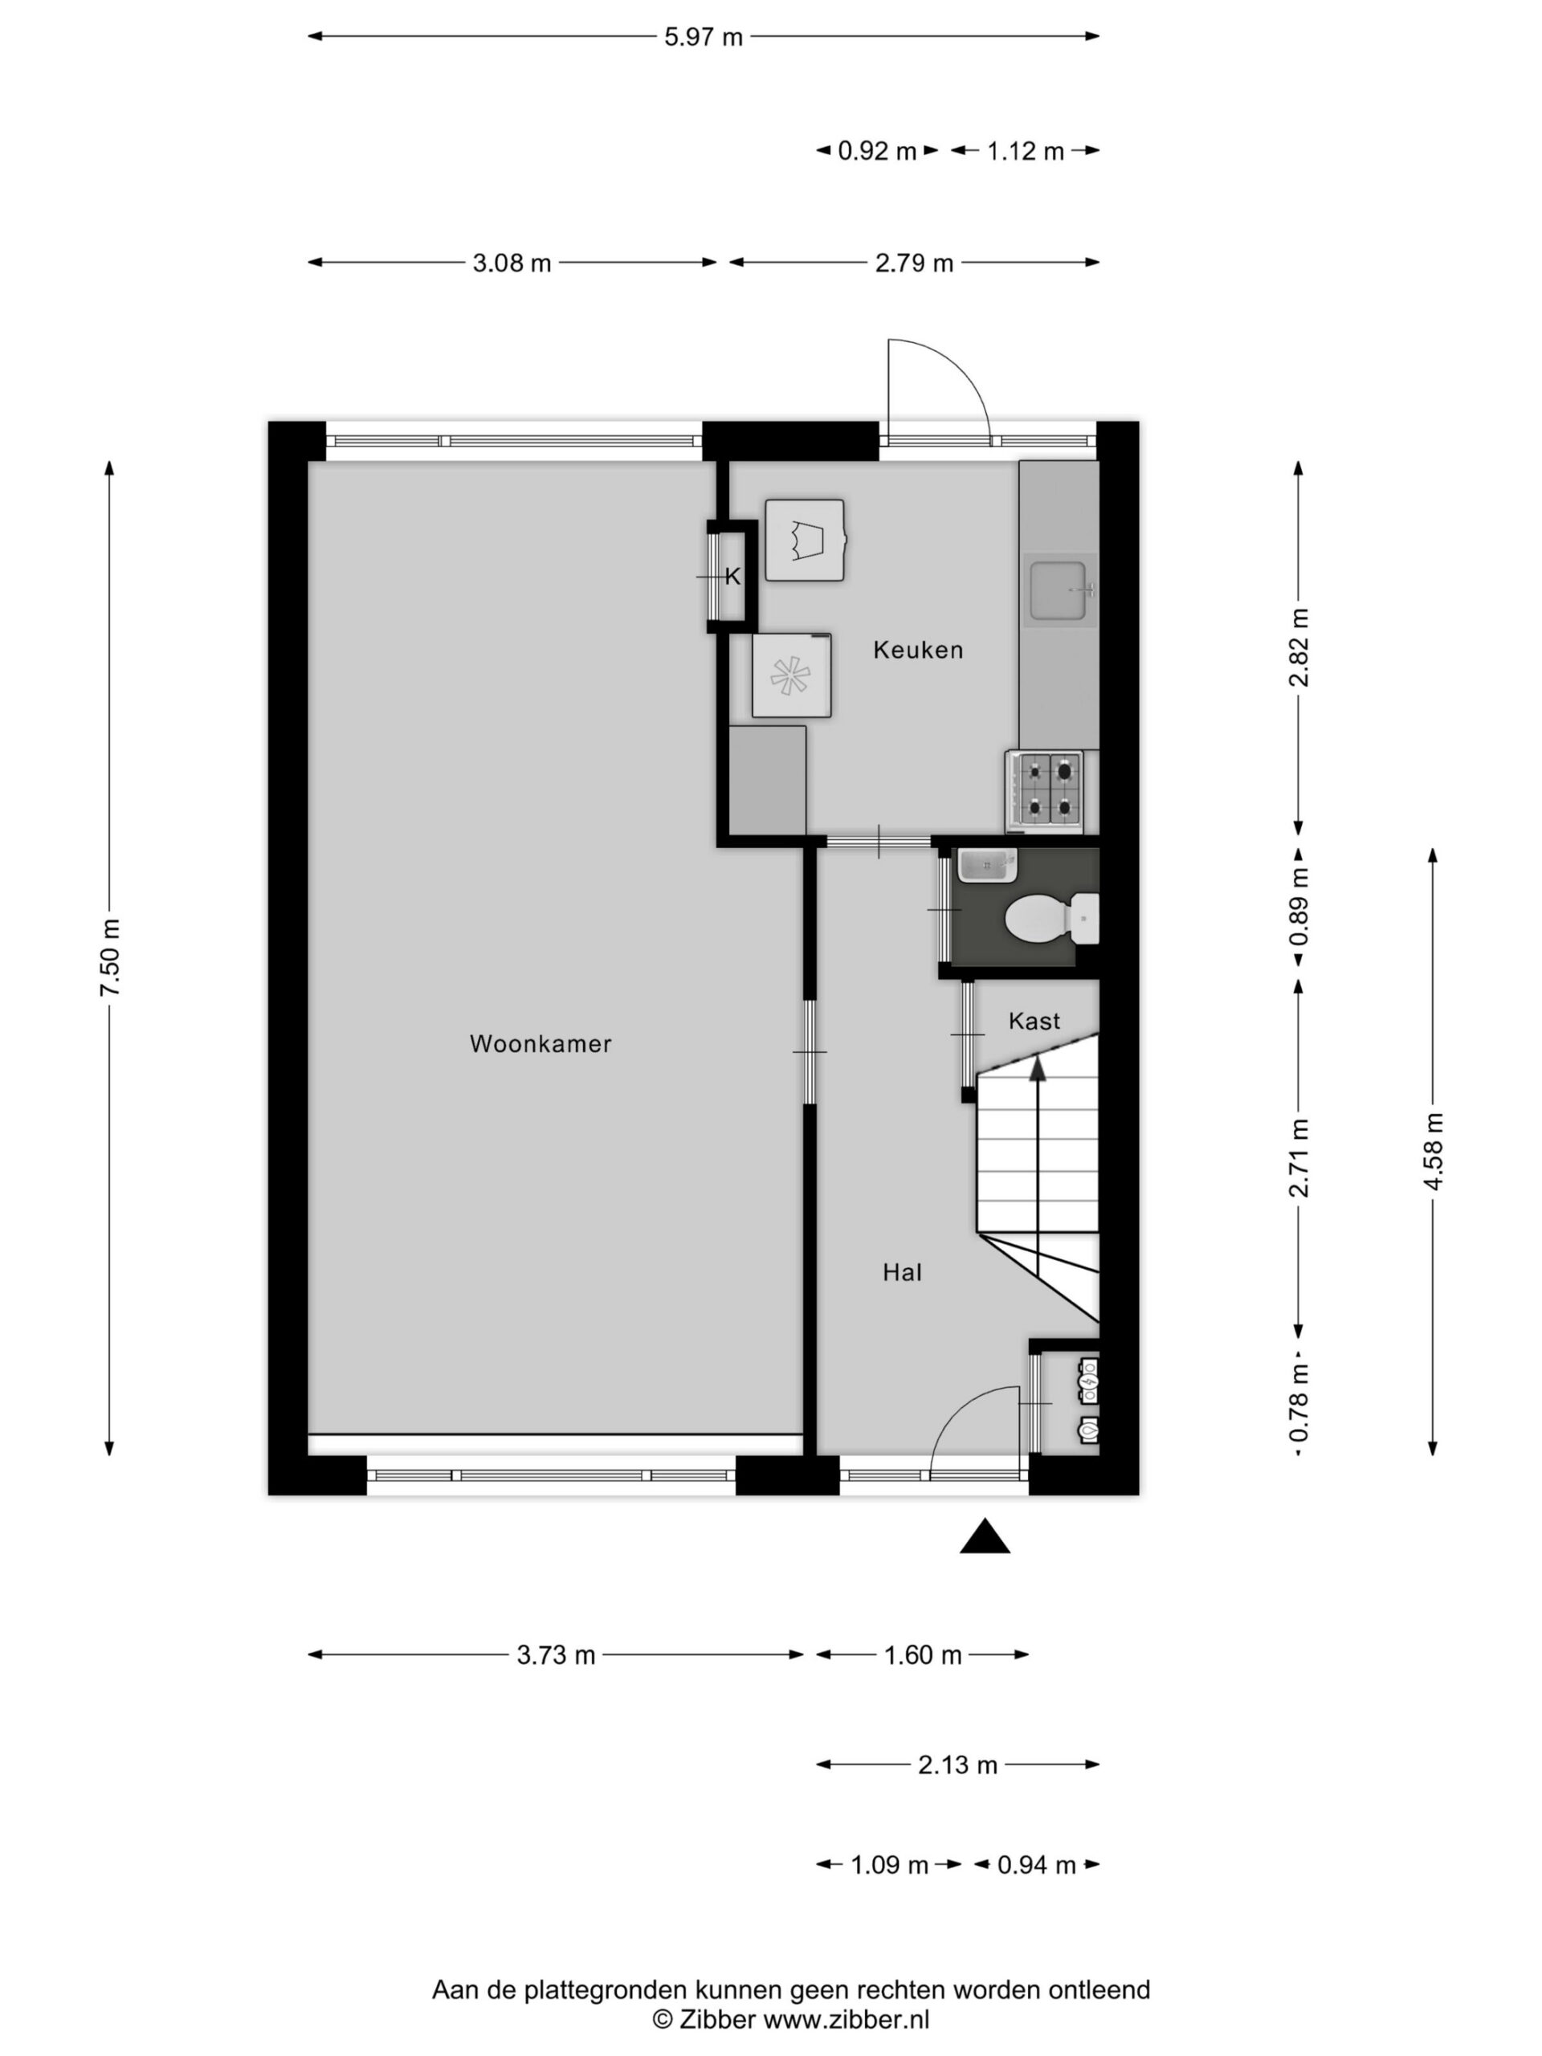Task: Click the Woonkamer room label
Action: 540,1044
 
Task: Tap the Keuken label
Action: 917,650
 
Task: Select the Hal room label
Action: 902,1272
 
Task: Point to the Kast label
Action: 1034,1022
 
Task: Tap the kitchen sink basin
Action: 1059,590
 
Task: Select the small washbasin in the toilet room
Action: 987,864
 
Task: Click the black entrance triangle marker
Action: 985,1536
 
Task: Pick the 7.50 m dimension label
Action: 111,957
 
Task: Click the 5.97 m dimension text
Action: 703,37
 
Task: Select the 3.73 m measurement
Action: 556,1654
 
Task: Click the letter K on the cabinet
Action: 732,577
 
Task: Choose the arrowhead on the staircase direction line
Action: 1038,1069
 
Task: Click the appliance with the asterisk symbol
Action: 791,675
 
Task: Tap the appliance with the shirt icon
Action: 805,540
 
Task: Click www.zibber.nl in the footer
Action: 846,2018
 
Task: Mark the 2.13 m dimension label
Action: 957,1764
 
